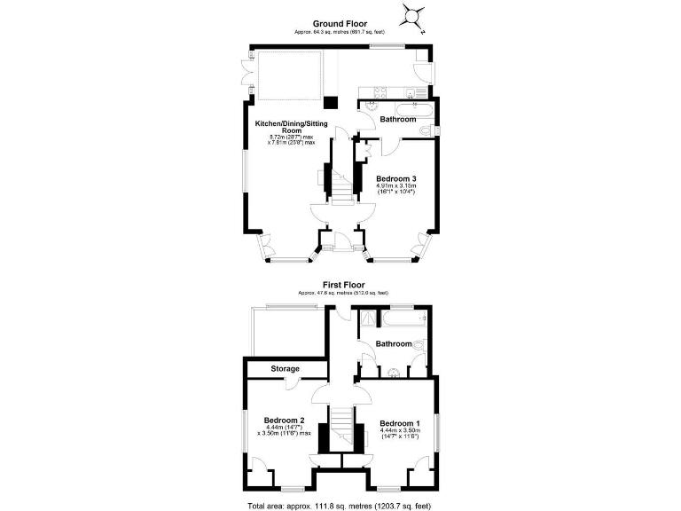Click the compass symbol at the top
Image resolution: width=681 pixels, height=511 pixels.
pyautogui.click(x=414, y=15)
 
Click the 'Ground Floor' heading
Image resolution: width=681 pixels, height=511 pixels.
pyautogui.click(x=339, y=24)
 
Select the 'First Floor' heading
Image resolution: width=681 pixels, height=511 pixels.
pyautogui.click(x=342, y=285)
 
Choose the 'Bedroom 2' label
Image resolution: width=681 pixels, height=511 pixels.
pyautogui.click(x=284, y=420)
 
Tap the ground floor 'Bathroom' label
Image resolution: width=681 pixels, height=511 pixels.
pyautogui.click(x=397, y=119)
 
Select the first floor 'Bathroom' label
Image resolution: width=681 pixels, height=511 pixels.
pyautogui.click(x=392, y=343)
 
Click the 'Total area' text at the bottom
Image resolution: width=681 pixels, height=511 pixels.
pyautogui.click(x=340, y=505)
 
